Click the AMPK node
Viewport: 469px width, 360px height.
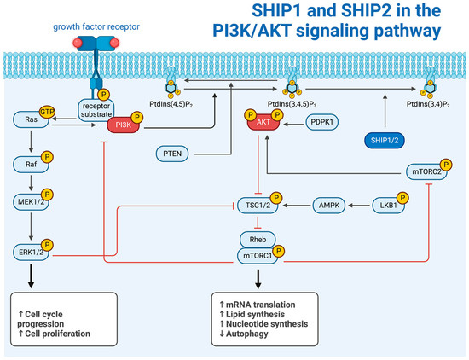pos(333,205)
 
